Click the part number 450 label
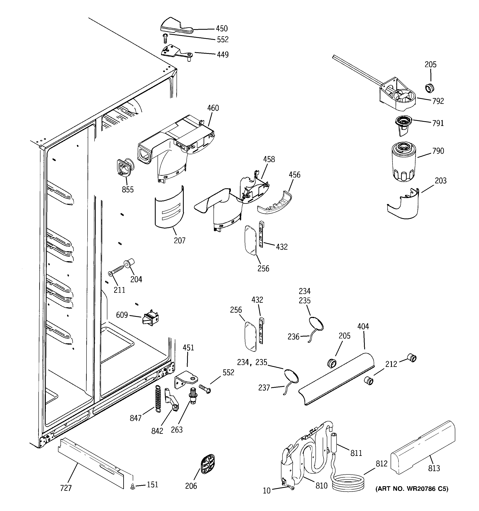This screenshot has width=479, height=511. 222,28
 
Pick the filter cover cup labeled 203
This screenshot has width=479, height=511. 404,205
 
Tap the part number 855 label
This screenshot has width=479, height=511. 128,190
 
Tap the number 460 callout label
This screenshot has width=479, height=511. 213,108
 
